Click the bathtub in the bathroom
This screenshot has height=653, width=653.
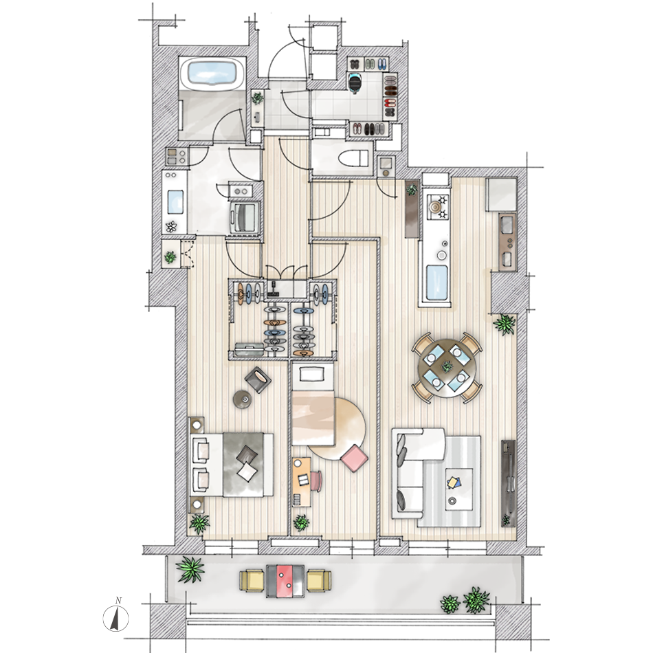(212, 74)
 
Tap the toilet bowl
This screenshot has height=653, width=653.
(353, 158)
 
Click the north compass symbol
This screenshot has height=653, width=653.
(115, 616)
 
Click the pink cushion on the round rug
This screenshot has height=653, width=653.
(354, 458)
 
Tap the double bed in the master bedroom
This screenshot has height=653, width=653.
(232, 465)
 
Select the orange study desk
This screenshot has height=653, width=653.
(302, 481)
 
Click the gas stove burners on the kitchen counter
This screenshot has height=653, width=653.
(437, 207)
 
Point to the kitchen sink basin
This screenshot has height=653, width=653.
(437, 283)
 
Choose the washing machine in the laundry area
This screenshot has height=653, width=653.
(243, 216)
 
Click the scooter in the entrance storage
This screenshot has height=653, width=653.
(355, 82)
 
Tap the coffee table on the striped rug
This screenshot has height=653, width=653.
(458, 489)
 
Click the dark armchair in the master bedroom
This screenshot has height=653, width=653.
(258, 379)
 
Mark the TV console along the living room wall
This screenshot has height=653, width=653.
(508, 483)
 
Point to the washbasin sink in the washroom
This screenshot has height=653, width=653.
(175, 201)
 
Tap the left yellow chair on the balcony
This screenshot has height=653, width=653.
(252, 581)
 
